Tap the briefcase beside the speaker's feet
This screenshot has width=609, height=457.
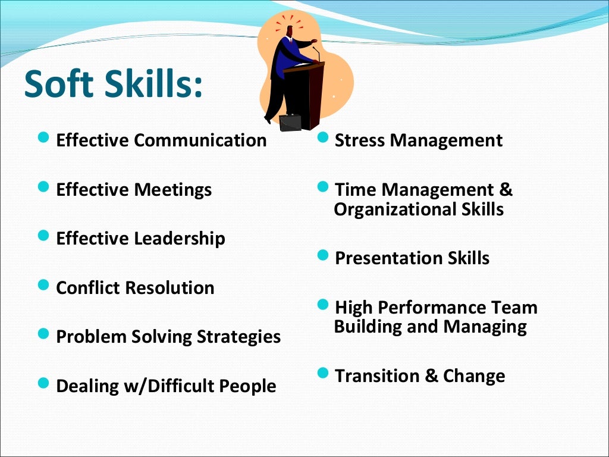click(x=290, y=122)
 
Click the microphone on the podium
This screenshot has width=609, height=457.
click(x=316, y=53)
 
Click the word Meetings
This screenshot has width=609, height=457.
click(x=172, y=190)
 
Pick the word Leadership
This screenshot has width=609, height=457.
click(x=179, y=239)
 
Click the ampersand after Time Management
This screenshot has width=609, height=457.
click(x=506, y=190)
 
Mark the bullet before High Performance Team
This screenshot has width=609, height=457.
click(x=323, y=305)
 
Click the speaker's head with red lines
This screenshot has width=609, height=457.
click(x=290, y=32)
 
